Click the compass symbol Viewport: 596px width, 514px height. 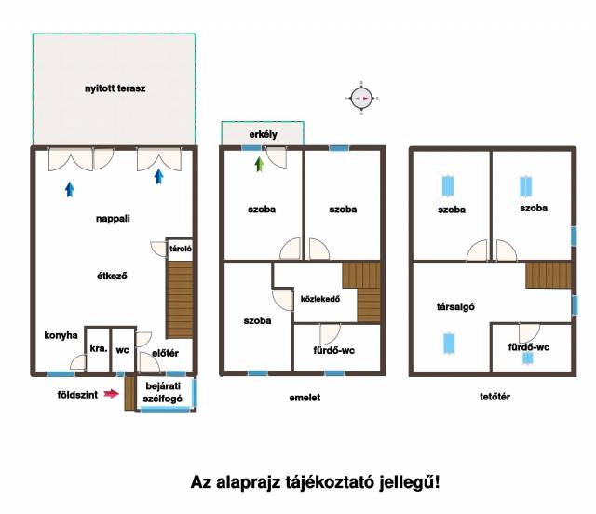(361, 98)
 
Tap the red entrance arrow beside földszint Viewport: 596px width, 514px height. (112, 394)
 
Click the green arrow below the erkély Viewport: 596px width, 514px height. (260, 164)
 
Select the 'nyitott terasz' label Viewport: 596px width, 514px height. (115, 88)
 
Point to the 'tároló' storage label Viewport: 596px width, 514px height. (181, 249)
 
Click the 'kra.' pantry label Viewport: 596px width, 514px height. (99, 348)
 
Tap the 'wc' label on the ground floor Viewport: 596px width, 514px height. (122, 350)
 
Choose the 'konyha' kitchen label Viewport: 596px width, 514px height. (61, 335)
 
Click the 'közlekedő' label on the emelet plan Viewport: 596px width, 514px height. (320, 299)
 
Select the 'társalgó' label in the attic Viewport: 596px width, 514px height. (455, 306)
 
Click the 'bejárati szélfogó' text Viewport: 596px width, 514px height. (163, 392)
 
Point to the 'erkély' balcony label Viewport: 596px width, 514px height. (263, 134)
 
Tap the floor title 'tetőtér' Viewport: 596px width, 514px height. (494, 397)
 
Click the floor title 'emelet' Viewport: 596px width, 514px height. (305, 398)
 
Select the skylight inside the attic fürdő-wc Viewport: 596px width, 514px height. (527, 358)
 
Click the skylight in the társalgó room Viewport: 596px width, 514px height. (449, 344)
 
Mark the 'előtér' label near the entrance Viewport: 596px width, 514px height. (165, 353)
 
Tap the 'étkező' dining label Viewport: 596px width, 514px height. (112, 276)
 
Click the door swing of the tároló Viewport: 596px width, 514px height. (159, 249)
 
